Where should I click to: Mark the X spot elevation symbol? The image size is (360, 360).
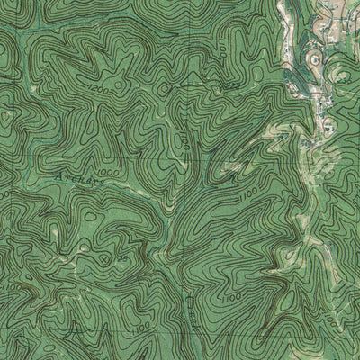(x=108, y=257)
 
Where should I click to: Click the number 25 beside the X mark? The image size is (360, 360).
(x=118, y=259)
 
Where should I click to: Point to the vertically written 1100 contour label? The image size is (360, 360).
(x=182, y=141)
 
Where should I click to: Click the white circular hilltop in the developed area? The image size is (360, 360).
(x=314, y=59)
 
